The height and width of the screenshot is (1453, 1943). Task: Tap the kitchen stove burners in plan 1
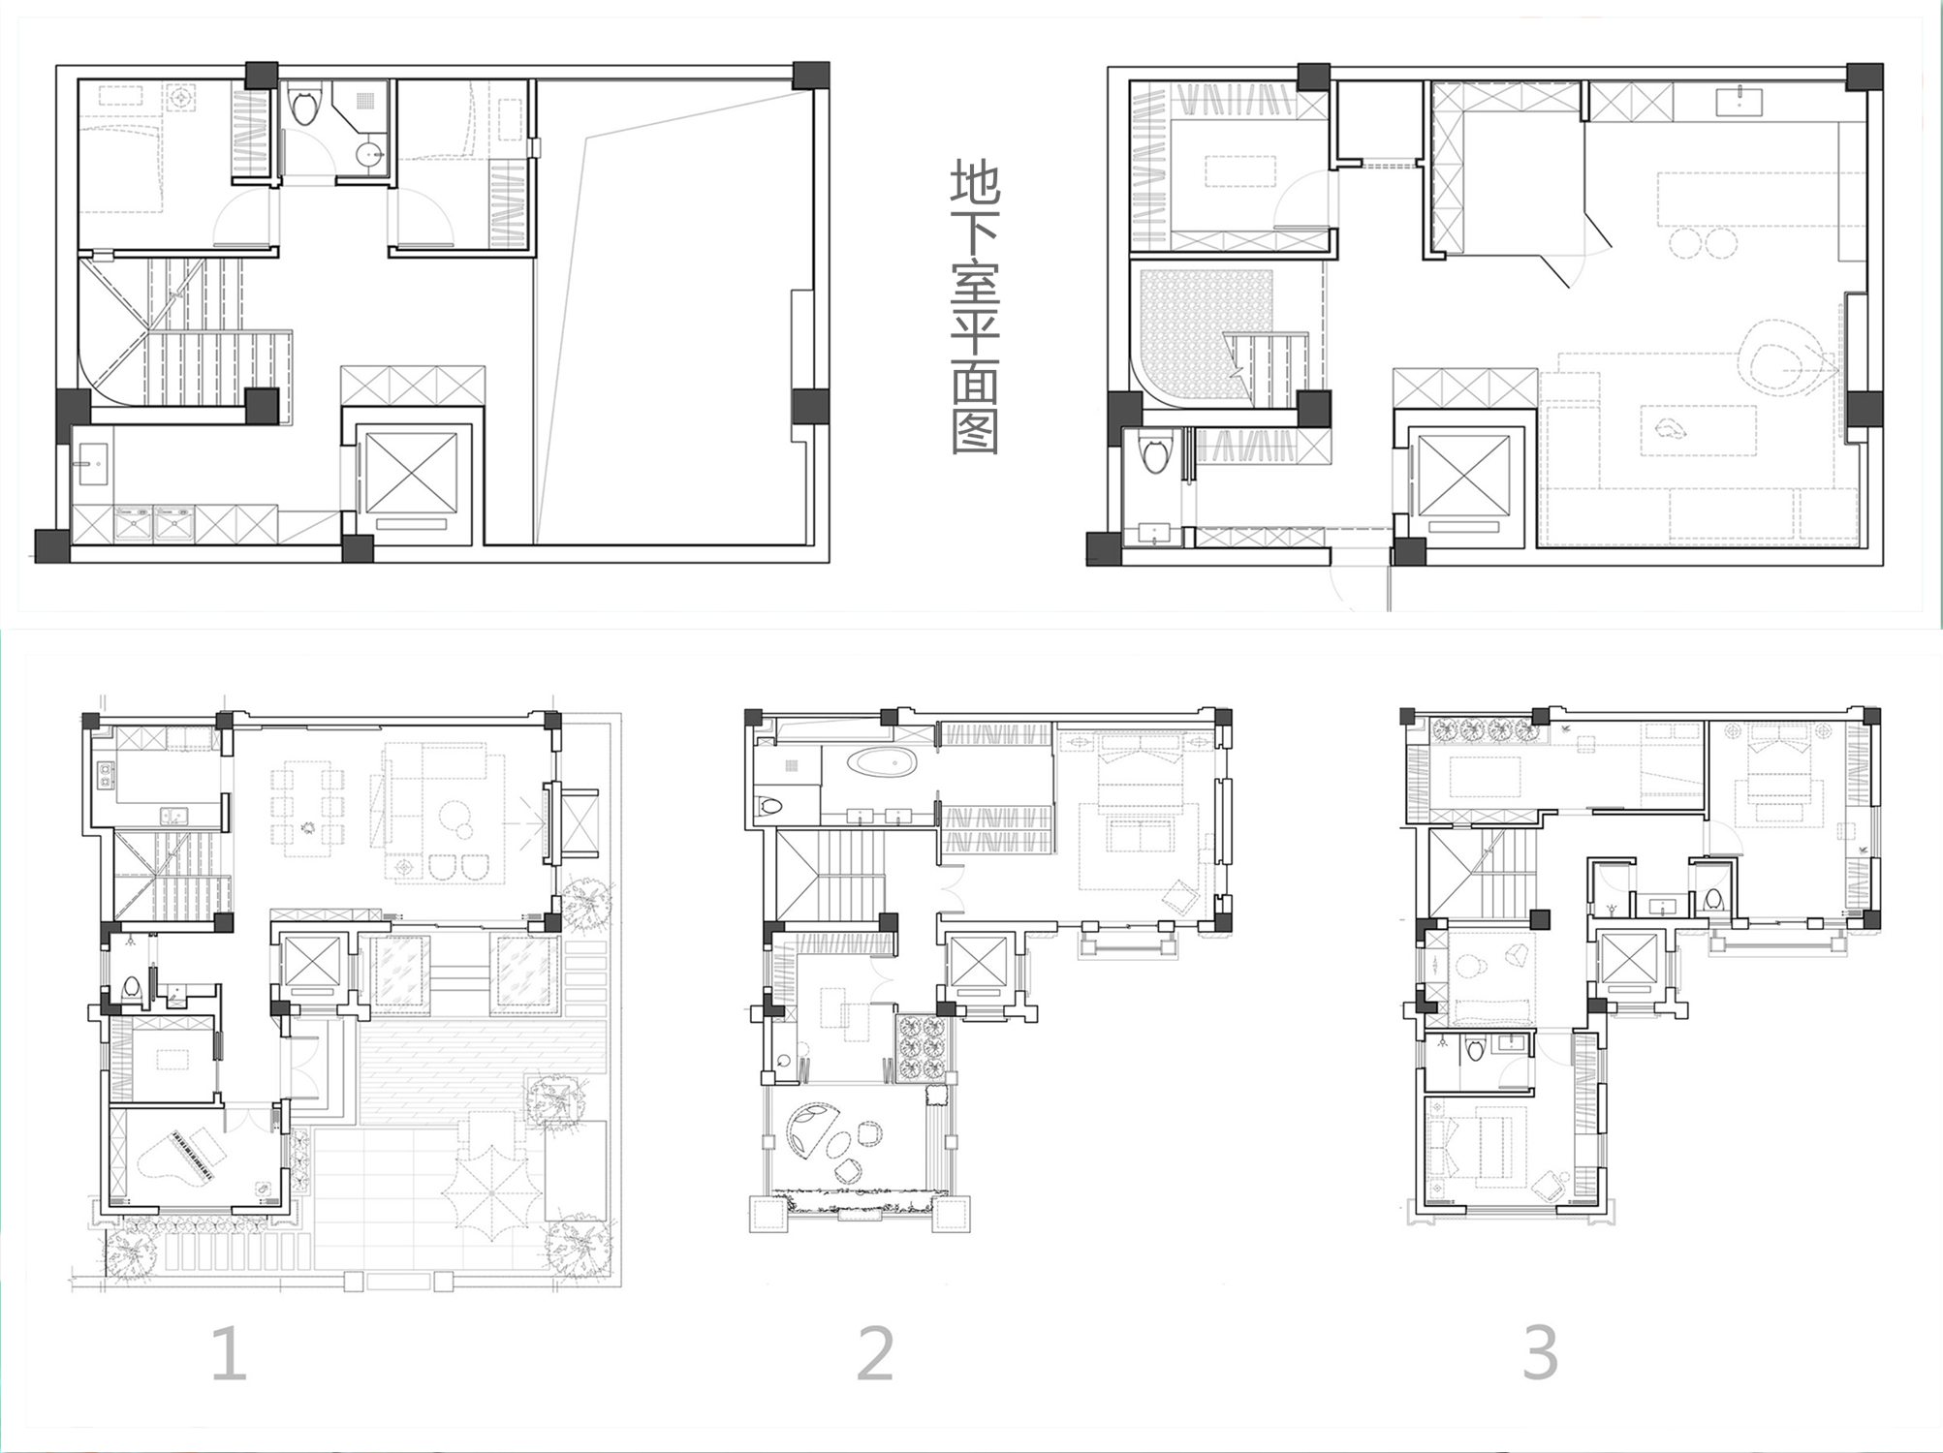click(105, 773)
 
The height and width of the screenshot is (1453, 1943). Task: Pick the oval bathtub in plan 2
click(881, 761)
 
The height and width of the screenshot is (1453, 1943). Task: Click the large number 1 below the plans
click(229, 1352)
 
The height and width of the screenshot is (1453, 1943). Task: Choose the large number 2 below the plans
click(875, 1352)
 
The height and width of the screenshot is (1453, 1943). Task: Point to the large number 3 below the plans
click(1540, 1351)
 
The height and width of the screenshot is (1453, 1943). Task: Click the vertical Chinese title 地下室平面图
click(975, 309)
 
